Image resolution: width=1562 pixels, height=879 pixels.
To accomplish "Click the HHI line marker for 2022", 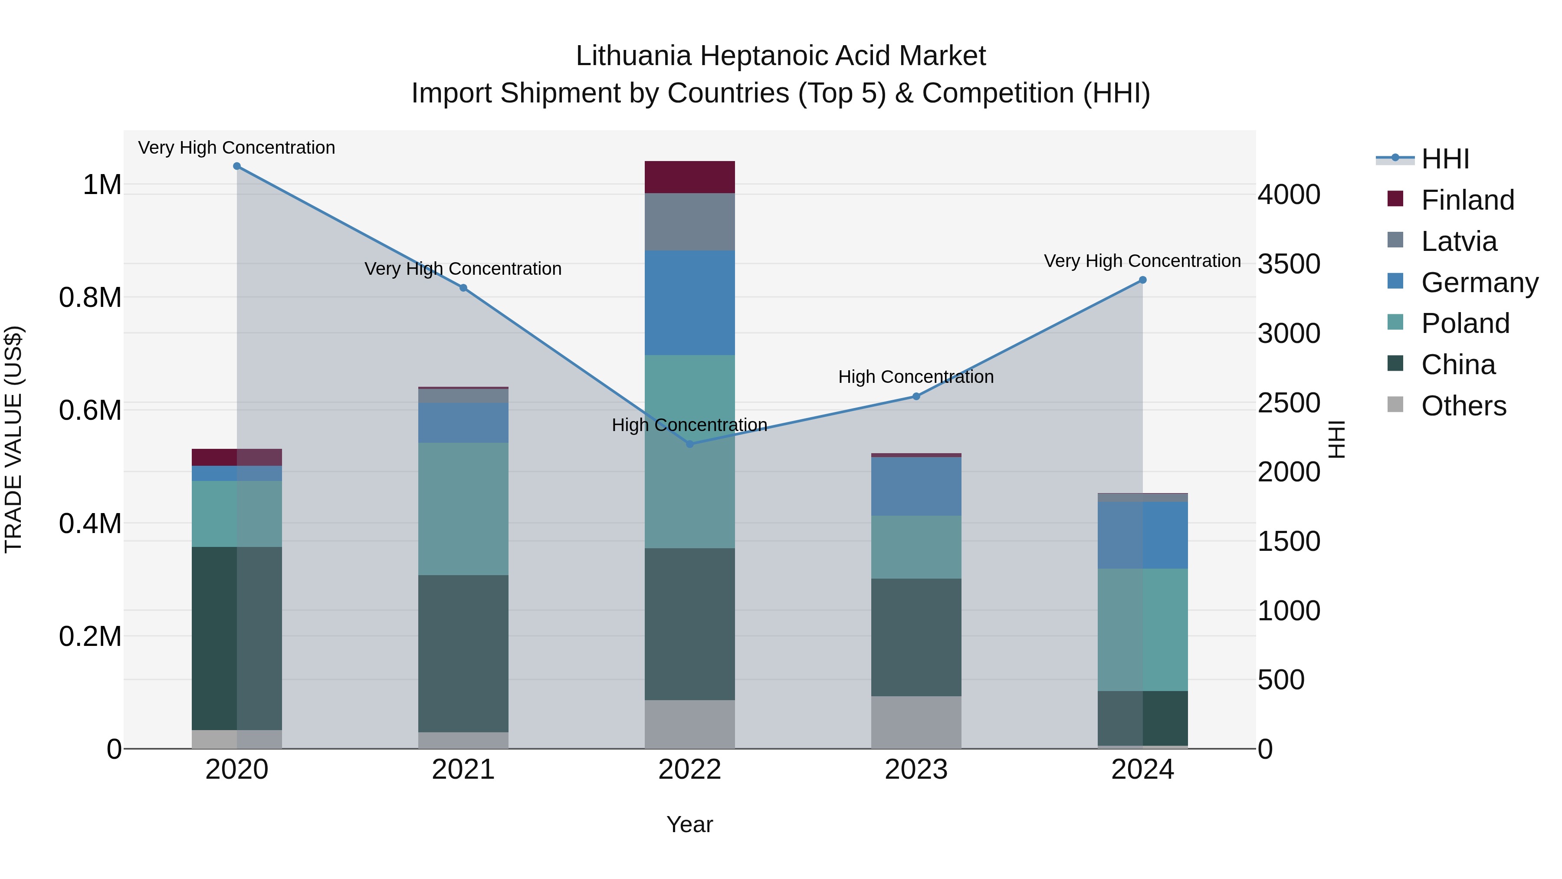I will pyautogui.click(x=689, y=444).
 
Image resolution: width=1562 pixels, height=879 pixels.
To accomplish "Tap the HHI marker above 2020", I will pyautogui.click(x=237, y=166).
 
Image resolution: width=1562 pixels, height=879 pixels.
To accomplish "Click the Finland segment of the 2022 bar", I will pyautogui.click(x=689, y=177).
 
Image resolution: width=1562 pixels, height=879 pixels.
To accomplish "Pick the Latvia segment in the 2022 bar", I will pyautogui.click(x=689, y=222).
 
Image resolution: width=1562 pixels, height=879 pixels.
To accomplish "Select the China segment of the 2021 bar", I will pyautogui.click(x=463, y=653).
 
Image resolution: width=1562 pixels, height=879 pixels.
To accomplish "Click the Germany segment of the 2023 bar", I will pyautogui.click(x=916, y=487).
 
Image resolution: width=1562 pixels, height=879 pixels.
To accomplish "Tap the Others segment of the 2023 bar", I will pyautogui.click(x=916, y=722).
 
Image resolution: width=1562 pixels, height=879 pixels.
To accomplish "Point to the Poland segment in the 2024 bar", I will pyautogui.click(x=1142, y=630).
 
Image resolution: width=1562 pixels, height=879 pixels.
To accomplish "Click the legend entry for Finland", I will pyautogui.click(x=1467, y=200).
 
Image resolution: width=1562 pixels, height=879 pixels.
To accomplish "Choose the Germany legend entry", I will pyautogui.click(x=1479, y=283).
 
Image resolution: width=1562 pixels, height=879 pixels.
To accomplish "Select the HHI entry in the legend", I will pyautogui.click(x=1444, y=159).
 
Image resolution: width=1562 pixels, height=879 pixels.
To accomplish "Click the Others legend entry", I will pyautogui.click(x=1463, y=406).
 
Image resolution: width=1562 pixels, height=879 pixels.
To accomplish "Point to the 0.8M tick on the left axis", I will pyautogui.click(x=90, y=298).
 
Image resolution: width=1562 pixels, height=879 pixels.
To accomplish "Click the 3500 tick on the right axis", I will pyautogui.click(x=1289, y=264).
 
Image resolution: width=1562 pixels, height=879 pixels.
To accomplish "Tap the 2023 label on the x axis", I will pyautogui.click(x=916, y=770).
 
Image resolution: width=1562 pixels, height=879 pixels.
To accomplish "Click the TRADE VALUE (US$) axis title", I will pyautogui.click(x=13, y=439).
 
